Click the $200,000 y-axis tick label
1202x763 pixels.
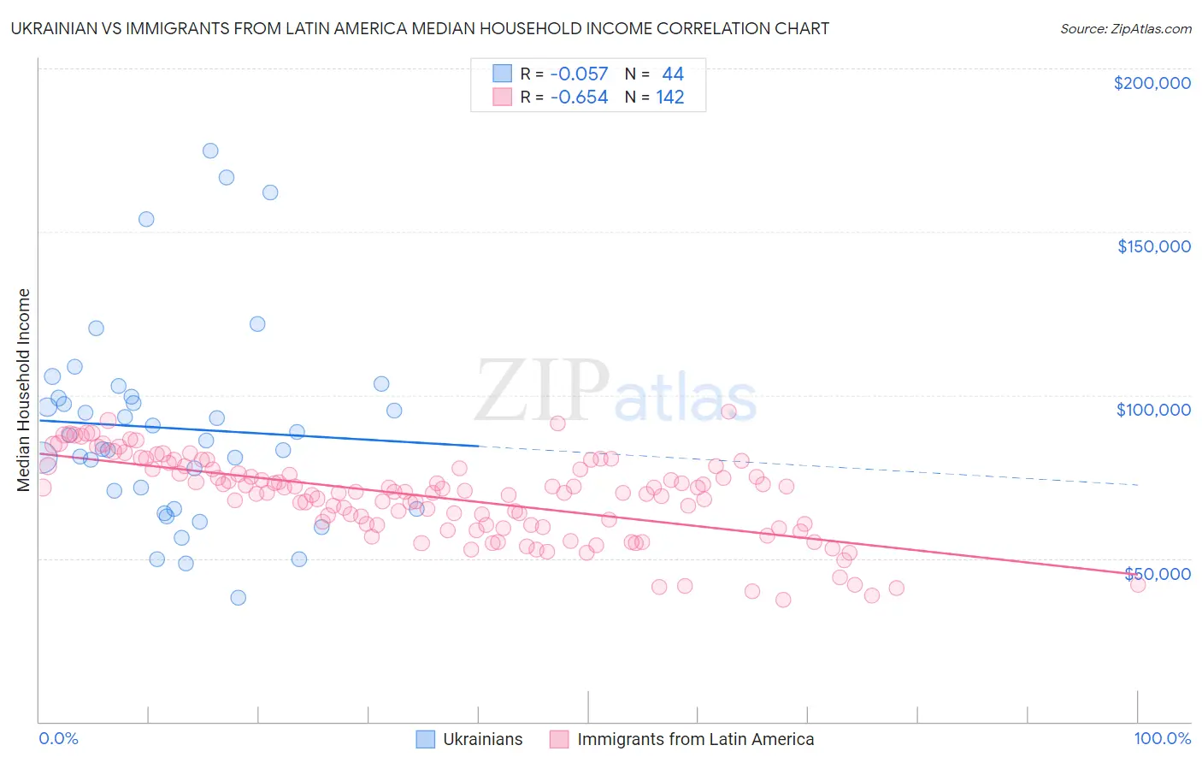pos(1152,83)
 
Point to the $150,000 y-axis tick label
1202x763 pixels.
pos(1153,246)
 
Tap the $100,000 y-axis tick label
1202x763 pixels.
pos(1153,410)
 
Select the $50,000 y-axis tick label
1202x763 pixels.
pos(1157,573)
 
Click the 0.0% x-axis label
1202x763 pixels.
pos(58,738)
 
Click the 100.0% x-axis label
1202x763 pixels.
pos(1162,738)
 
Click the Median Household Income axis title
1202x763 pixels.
pos(23,390)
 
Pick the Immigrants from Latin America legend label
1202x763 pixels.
pos(695,739)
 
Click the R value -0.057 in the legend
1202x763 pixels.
pos(579,74)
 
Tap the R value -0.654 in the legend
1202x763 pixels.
pos(579,98)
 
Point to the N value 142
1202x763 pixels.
pos(669,98)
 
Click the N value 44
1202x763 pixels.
pos(673,74)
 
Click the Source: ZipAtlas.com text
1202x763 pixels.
pos(1125,29)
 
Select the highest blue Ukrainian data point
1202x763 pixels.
pos(210,151)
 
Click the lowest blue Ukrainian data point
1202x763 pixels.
pos(239,597)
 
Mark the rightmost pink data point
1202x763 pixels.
pos(1137,584)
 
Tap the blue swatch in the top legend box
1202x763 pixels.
pos(502,74)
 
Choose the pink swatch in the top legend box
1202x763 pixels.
pos(502,97)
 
